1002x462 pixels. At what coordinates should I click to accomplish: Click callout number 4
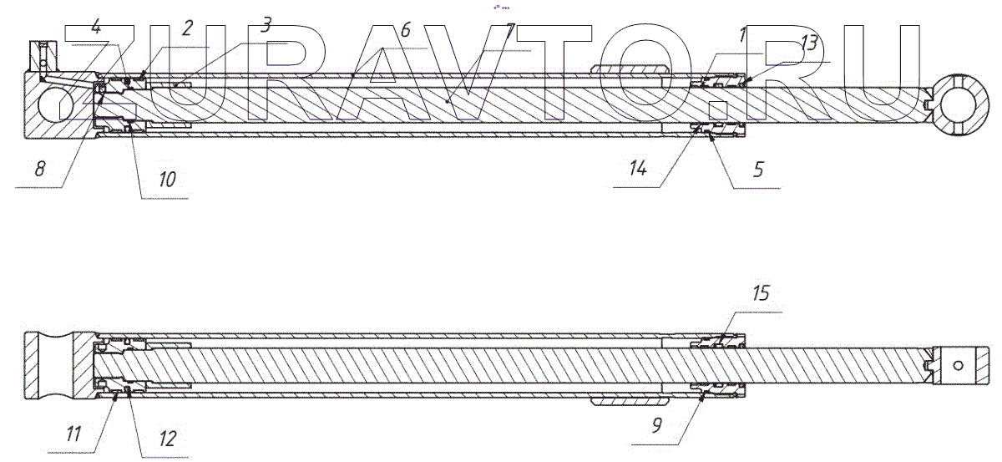97,27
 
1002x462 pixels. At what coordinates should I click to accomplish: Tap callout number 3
266,25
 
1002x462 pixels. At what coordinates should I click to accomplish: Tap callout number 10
166,178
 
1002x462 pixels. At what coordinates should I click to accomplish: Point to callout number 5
757,170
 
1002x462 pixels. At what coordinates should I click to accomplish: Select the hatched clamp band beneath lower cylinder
630,401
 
